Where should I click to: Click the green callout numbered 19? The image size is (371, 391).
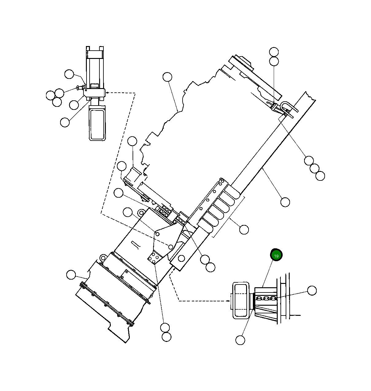pyautogui.click(x=276, y=255)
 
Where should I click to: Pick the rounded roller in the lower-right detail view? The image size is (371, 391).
pyautogui.click(x=241, y=301)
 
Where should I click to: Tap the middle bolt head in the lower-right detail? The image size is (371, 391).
pyautogui.click(x=266, y=298)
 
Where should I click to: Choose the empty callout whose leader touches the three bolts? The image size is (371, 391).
pyautogui.click(x=312, y=290)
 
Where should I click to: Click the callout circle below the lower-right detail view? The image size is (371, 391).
pyautogui.click(x=240, y=340)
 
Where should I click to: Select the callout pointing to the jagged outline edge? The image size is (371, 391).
pyautogui.click(x=167, y=77)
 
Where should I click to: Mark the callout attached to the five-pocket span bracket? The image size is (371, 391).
pyautogui.click(x=244, y=230)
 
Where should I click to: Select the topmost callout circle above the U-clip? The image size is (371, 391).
pyautogui.click(x=274, y=52)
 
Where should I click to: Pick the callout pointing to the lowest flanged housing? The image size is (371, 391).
pyautogui.click(x=71, y=275)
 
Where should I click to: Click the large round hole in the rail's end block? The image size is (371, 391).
pyautogui.click(x=181, y=258)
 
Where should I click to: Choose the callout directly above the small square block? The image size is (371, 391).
pyautogui.click(x=132, y=141)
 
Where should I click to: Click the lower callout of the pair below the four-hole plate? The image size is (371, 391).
pyautogui.click(x=166, y=337)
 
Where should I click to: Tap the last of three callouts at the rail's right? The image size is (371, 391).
pyautogui.click(x=320, y=176)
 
